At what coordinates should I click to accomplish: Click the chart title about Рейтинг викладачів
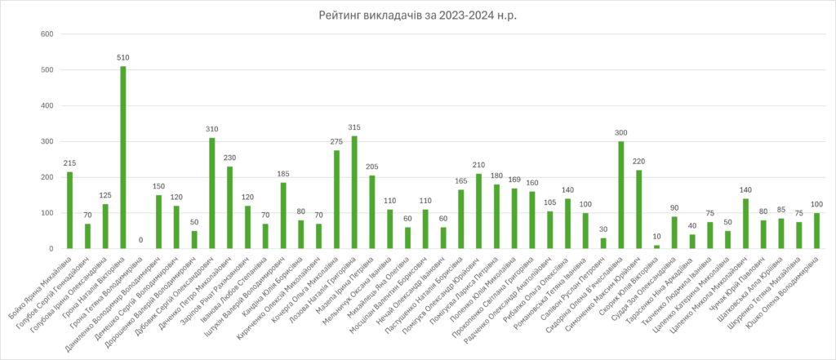click(x=418, y=16)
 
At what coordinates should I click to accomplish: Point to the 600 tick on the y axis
click(x=47, y=34)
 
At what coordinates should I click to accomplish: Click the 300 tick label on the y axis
click(x=47, y=141)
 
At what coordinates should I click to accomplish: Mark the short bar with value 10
click(x=656, y=246)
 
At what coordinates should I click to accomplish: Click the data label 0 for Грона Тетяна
click(x=140, y=241)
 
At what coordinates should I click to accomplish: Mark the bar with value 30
click(x=603, y=243)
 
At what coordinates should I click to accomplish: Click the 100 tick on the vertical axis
click(x=47, y=213)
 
